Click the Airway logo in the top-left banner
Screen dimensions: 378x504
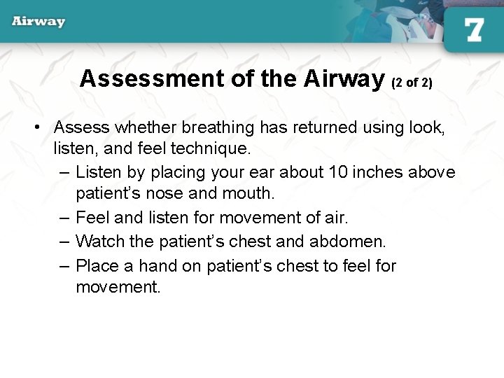pyautogui.click(x=38, y=22)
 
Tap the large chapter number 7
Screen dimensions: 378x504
pyautogui.click(x=474, y=29)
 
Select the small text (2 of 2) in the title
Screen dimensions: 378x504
pyautogui.click(x=412, y=82)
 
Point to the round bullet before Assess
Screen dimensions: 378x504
pyautogui.click(x=41, y=127)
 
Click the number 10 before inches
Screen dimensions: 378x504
pyautogui.click(x=339, y=172)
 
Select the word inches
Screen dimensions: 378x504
pyautogui.click(x=378, y=172)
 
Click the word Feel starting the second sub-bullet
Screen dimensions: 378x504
pyautogui.click(x=92, y=218)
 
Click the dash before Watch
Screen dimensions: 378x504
pyautogui.click(x=65, y=241)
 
